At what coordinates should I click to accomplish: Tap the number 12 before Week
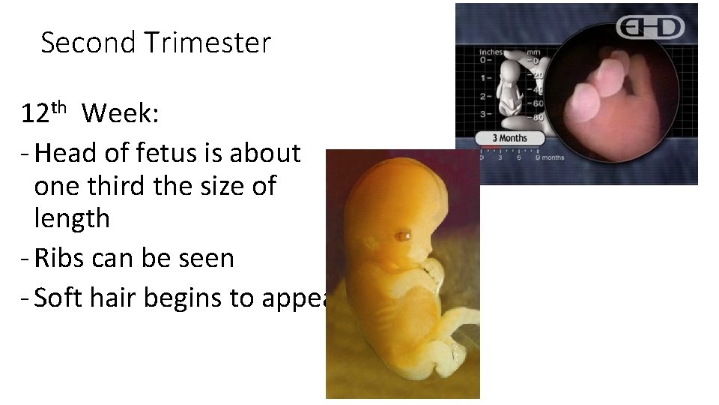[35, 114]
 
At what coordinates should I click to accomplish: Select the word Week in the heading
[118, 114]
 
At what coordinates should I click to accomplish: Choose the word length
[72, 219]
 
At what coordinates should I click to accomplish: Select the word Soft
[61, 298]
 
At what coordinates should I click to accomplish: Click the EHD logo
[650, 28]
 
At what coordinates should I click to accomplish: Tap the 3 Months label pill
[509, 138]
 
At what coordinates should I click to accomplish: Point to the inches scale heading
[491, 52]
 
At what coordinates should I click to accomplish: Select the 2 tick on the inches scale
[483, 97]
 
